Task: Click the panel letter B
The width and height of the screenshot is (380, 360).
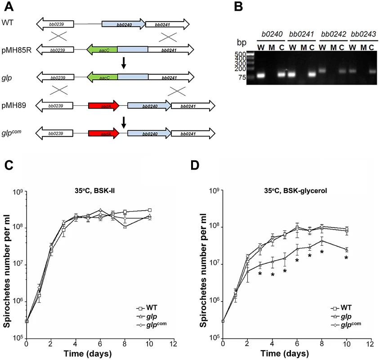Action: pyautogui.click(x=238, y=7)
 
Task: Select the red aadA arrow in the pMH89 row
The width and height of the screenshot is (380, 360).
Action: pyautogui.click(x=104, y=106)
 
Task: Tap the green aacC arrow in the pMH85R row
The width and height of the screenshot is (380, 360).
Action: pyautogui.click(x=102, y=50)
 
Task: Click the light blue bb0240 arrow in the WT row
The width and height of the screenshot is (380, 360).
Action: pyautogui.click(x=124, y=24)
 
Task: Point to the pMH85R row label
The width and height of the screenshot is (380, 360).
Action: pyautogui.click(x=17, y=50)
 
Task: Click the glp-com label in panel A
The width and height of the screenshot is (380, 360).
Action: pyautogui.click(x=11, y=133)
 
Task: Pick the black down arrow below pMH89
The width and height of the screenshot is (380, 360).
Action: pyautogui.click(x=124, y=122)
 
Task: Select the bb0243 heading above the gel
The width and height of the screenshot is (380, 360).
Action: pyautogui.click(x=363, y=34)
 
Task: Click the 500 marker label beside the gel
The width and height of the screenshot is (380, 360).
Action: pyautogui.click(x=241, y=54)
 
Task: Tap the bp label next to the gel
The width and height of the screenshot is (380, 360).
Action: pyautogui.click(x=241, y=43)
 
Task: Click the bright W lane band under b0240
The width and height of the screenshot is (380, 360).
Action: pyautogui.click(x=260, y=75)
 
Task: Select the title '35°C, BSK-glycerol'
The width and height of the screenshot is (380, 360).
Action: pyautogui.click(x=295, y=191)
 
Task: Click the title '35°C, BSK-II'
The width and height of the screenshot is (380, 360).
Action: pyautogui.click(x=95, y=191)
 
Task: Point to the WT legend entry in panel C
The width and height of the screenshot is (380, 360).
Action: pyautogui.click(x=147, y=308)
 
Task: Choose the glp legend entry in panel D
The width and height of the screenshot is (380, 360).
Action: pyautogui.click(x=341, y=316)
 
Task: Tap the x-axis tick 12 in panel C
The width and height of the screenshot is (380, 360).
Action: pyautogui.click(x=173, y=344)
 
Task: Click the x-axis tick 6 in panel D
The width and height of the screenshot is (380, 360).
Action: pyautogui.click(x=297, y=344)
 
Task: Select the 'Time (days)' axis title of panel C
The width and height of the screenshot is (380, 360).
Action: pyautogui.click(x=88, y=353)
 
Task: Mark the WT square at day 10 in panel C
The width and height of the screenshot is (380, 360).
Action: pyautogui.click(x=150, y=210)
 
